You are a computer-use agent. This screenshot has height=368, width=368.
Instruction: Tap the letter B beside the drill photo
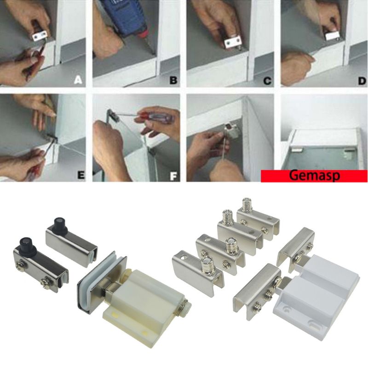pos(173,80)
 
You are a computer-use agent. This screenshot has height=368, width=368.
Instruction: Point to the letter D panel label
pos(361,80)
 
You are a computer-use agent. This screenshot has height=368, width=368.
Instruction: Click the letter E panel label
pos(80,174)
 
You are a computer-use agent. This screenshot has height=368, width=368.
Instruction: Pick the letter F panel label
pos(173,174)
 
